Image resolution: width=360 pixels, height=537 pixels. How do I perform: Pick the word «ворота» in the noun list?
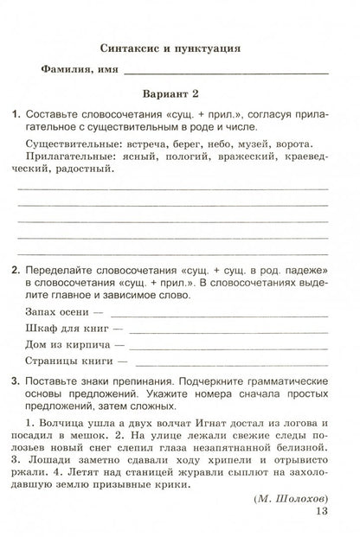[306, 143]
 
